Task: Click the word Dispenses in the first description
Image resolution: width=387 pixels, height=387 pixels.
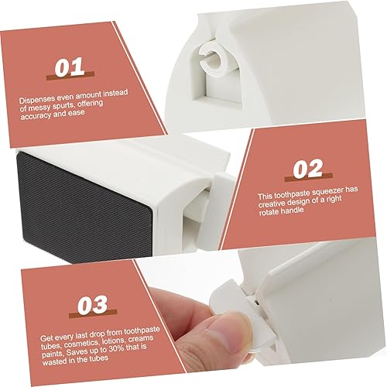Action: click(36, 99)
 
